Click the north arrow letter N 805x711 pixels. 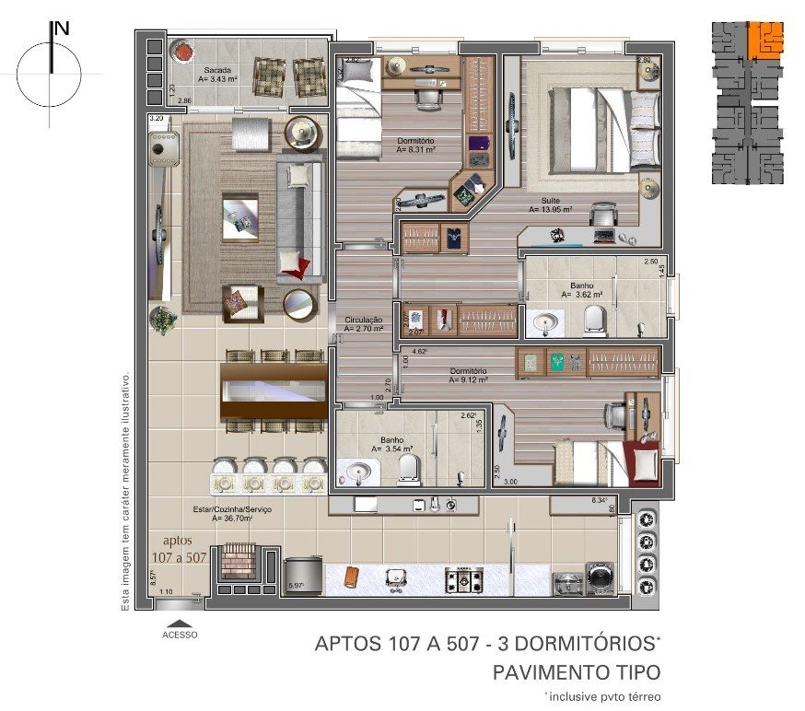click(63, 29)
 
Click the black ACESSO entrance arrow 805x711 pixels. click(179, 624)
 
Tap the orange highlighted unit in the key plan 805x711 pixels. click(764, 40)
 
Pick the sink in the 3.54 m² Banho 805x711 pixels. click(359, 472)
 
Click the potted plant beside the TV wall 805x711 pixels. click(165, 320)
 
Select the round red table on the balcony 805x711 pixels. click(181, 50)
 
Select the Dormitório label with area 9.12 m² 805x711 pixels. click(468, 374)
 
